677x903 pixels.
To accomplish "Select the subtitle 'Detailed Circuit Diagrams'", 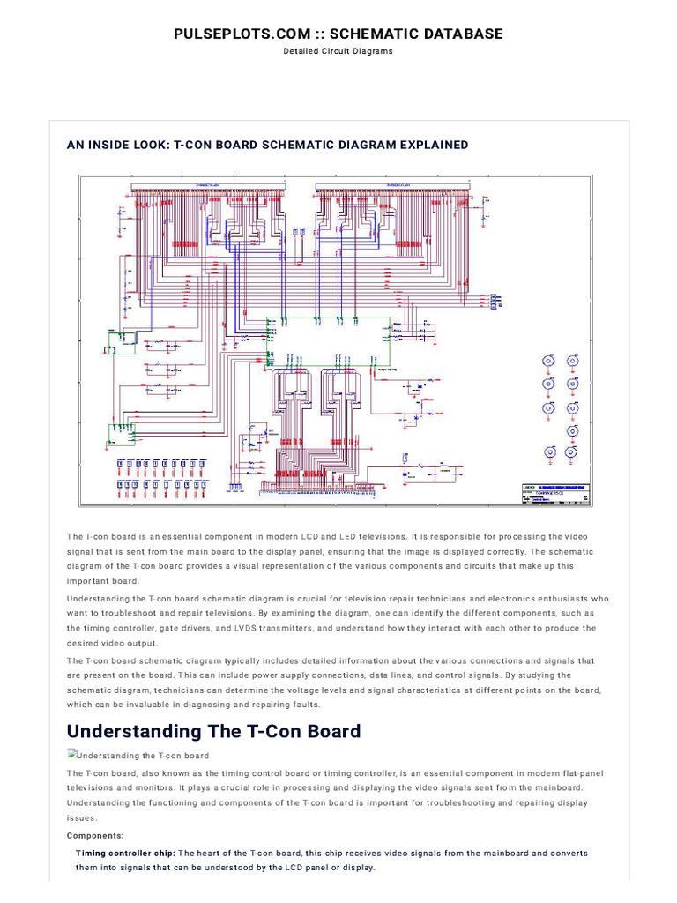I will pos(338,51).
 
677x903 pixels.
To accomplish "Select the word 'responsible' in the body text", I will pos(452,536).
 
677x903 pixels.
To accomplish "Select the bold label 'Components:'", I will pos(95,835).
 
